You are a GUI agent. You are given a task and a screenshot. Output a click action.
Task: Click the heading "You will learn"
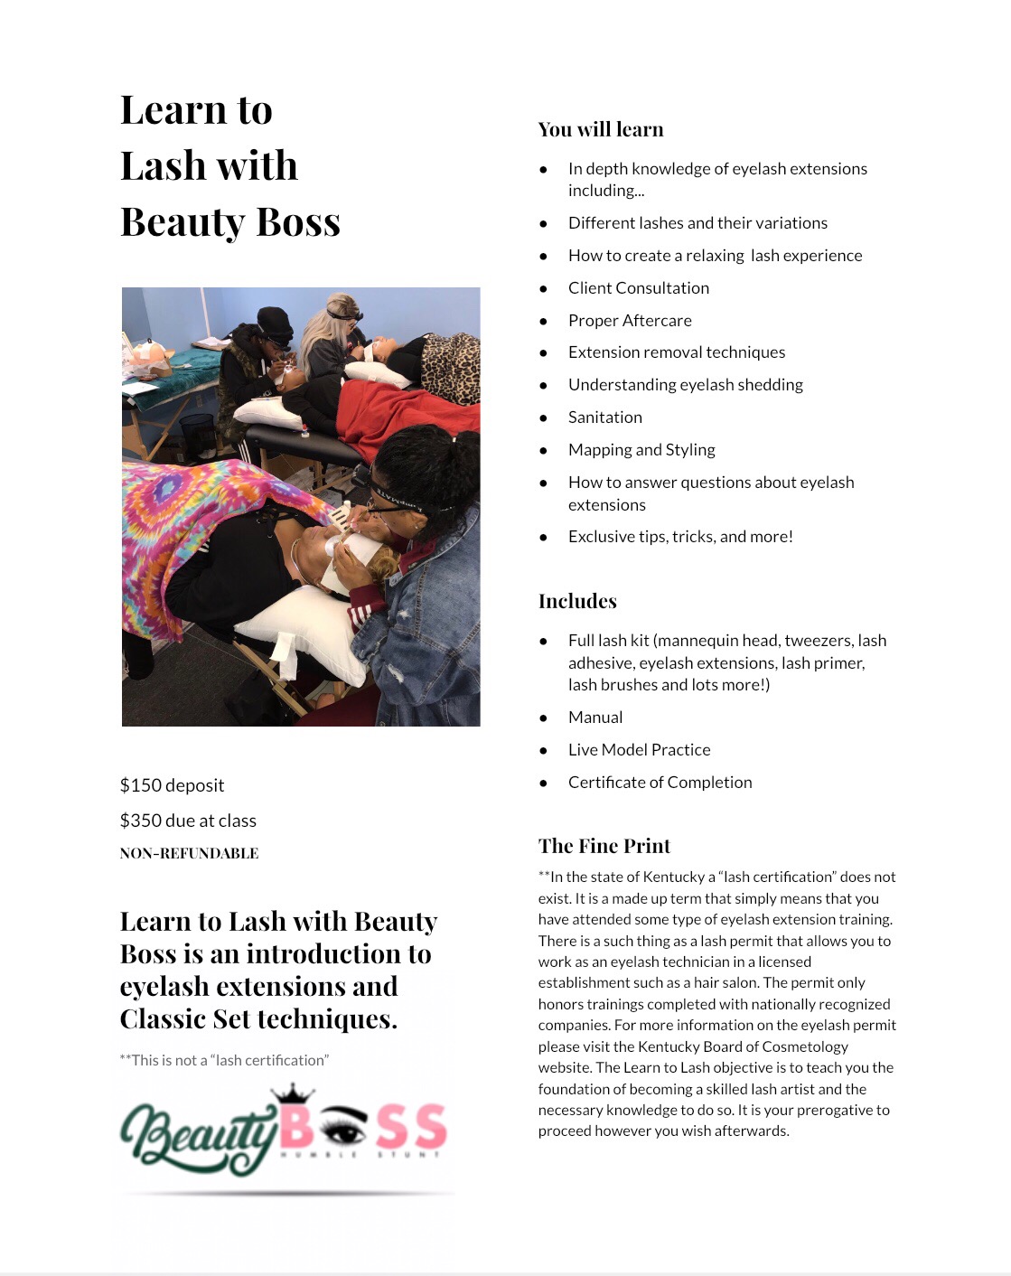pos(601,129)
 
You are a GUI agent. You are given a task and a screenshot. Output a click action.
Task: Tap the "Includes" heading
pos(577,601)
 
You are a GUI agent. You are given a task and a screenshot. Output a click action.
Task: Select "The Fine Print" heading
pos(604,846)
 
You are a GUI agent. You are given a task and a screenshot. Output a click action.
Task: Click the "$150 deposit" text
pos(172,785)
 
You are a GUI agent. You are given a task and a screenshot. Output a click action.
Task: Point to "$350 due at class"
pos(188,821)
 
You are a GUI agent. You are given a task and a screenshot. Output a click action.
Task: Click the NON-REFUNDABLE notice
pos(189,853)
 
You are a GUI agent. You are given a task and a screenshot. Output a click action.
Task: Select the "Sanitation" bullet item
pos(604,418)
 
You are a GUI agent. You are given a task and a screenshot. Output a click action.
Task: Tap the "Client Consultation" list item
pos(638,288)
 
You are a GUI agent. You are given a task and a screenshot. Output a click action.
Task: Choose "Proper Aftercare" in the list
pos(630,321)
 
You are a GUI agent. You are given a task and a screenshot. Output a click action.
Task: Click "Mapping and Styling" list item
pos(641,450)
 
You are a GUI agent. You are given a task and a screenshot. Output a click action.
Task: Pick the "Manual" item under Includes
pos(595,718)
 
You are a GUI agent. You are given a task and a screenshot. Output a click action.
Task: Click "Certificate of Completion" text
pos(660,783)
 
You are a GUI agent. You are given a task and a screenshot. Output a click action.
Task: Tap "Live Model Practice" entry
pos(639,750)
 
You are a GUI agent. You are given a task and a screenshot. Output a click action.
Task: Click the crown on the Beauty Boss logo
pos(292,1093)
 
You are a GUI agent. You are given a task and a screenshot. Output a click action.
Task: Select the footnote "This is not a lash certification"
pos(224,1060)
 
